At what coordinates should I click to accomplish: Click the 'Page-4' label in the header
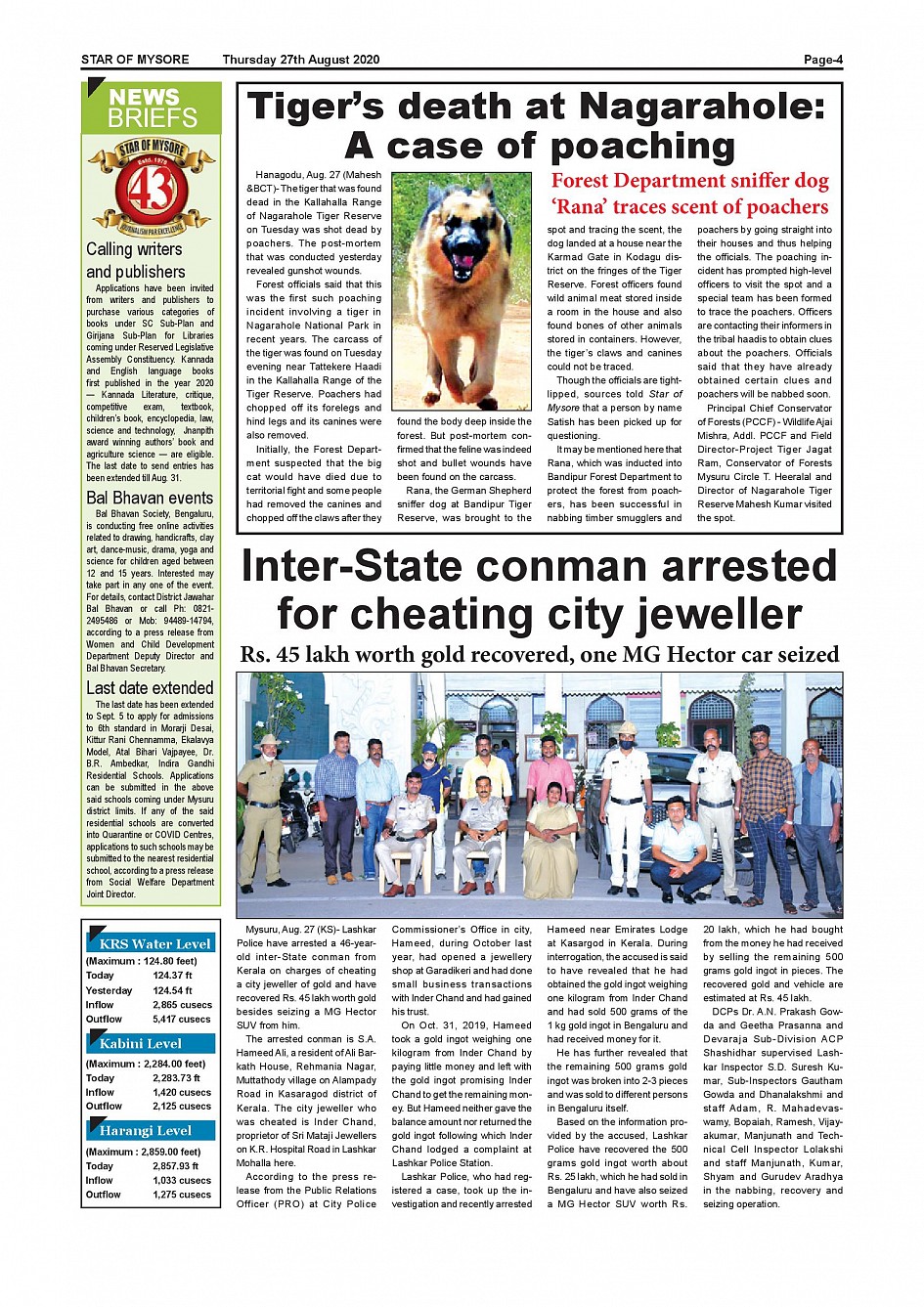pos(822,60)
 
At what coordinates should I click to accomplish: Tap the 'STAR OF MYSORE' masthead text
pos(135,60)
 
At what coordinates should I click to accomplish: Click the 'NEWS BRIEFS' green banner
pos(153,109)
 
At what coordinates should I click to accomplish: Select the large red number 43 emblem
pos(151,191)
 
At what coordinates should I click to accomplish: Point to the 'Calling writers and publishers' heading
pos(135,260)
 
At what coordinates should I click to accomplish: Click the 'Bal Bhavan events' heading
pos(150,498)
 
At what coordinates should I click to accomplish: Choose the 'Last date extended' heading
pos(150,688)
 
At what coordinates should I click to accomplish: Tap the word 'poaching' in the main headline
pos(642,147)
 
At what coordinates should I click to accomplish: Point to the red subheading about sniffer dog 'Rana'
pos(689,194)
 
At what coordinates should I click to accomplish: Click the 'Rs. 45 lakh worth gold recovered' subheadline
pos(539,655)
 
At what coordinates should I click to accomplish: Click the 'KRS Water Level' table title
pos(154,944)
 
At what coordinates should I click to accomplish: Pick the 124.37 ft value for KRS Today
pos(172,976)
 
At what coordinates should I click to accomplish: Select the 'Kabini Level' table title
pos(141,1044)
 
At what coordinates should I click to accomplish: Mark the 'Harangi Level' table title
pos(145,1131)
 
